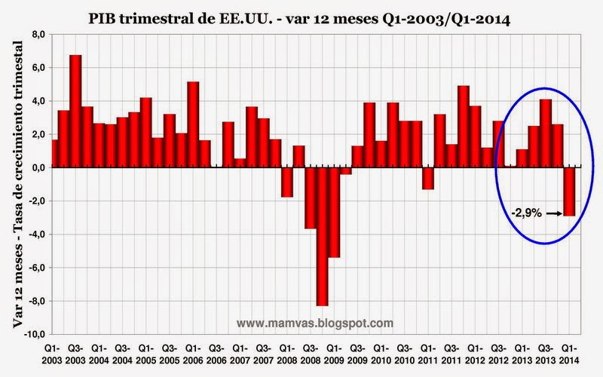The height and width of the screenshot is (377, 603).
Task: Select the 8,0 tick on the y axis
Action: tap(36, 34)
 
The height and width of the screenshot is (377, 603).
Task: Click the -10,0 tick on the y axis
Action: tap(33, 333)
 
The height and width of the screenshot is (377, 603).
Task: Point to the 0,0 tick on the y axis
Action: tap(36, 167)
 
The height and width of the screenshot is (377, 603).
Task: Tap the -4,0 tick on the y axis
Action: tap(35, 233)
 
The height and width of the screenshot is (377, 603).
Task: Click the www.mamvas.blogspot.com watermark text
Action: tap(315, 323)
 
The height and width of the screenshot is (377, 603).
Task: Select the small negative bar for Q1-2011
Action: tap(427, 178)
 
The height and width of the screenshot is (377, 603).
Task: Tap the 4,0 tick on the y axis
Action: tap(36, 100)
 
